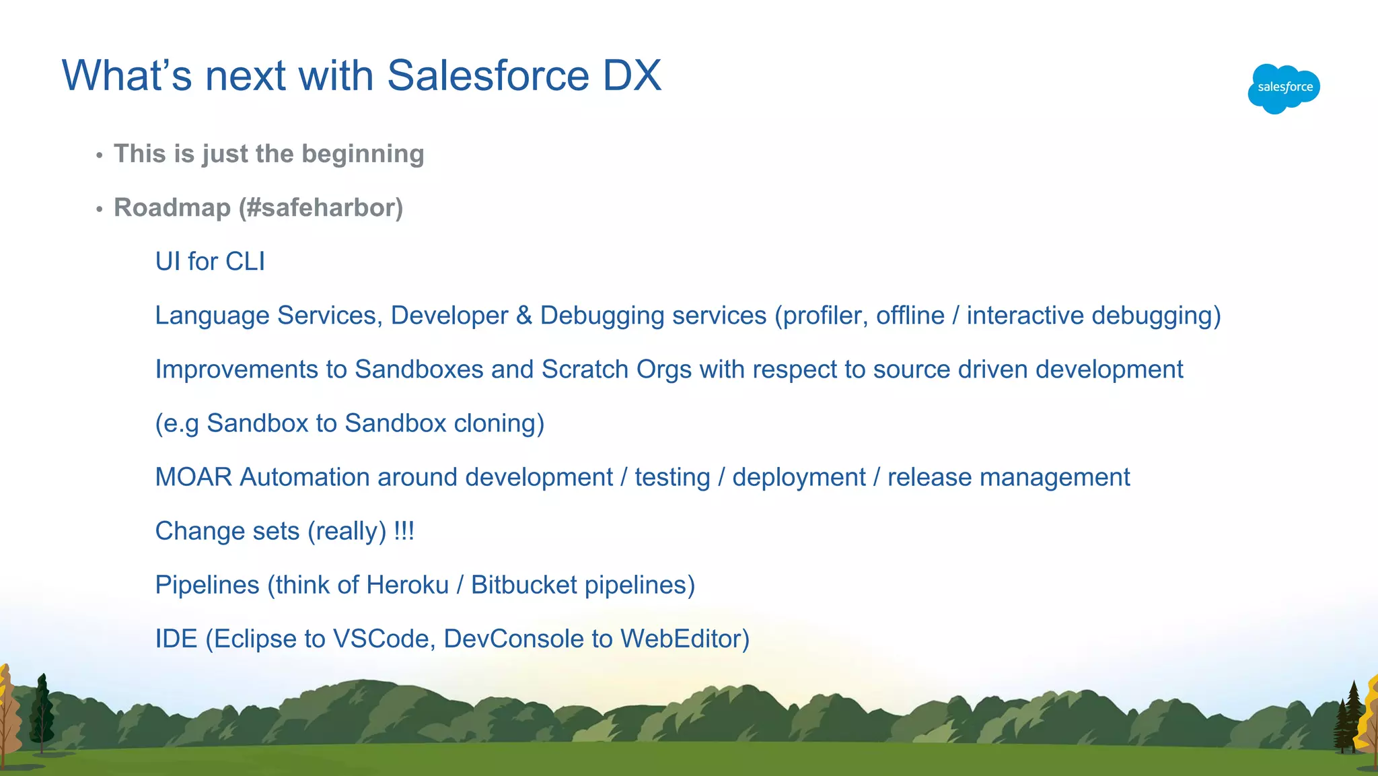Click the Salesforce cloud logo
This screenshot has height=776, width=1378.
coord(1284,88)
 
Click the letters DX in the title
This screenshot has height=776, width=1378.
coord(632,75)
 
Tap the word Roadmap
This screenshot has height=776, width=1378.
coord(172,207)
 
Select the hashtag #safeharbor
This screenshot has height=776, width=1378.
coord(321,207)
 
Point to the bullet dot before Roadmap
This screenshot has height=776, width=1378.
coord(99,209)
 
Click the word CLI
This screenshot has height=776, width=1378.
coord(245,261)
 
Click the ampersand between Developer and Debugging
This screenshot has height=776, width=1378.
coord(523,316)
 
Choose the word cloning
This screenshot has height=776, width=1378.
coord(499,423)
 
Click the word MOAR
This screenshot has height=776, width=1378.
coord(194,477)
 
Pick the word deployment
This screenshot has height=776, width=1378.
coord(799,477)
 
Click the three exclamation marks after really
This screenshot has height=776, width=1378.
coord(404,531)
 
